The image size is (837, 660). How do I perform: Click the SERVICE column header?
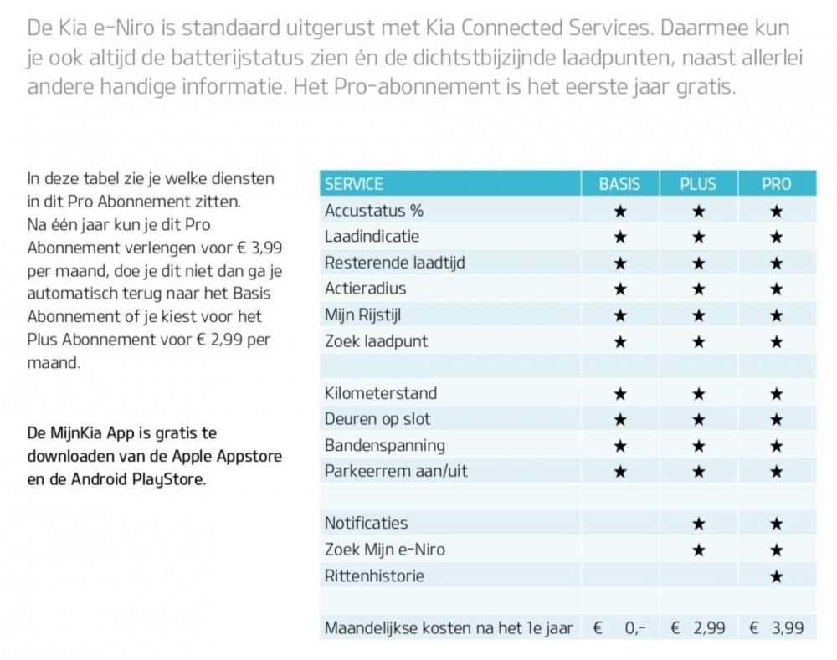click(354, 184)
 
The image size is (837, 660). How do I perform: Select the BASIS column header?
click(620, 184)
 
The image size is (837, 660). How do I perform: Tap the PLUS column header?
click(698, 184)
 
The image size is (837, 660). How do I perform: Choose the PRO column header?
click(776, 184)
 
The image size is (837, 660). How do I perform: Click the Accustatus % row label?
click(374, 210)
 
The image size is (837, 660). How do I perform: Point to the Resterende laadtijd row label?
click(395, 263)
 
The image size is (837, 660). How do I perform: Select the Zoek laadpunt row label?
click(376, 341)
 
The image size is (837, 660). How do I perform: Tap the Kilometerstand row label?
click(381, 393)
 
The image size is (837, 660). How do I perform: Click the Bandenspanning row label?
click(385, 445)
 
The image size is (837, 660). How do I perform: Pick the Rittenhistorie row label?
click(374, 576)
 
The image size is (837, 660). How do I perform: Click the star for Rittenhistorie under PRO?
click(776, 576)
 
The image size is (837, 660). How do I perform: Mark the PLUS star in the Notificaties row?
click(698, 524)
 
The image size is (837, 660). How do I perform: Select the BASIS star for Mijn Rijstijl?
click(620, 315)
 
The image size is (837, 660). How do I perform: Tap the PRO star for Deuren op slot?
click(776, 419)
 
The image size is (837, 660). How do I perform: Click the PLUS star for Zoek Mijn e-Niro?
click(698, 550)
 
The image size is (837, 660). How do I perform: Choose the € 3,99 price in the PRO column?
click(777, 628)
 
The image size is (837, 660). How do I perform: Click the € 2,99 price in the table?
click(698, 628)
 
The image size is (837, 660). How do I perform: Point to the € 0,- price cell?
click(620, 628)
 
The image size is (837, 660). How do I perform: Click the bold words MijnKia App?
click(83, 434)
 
